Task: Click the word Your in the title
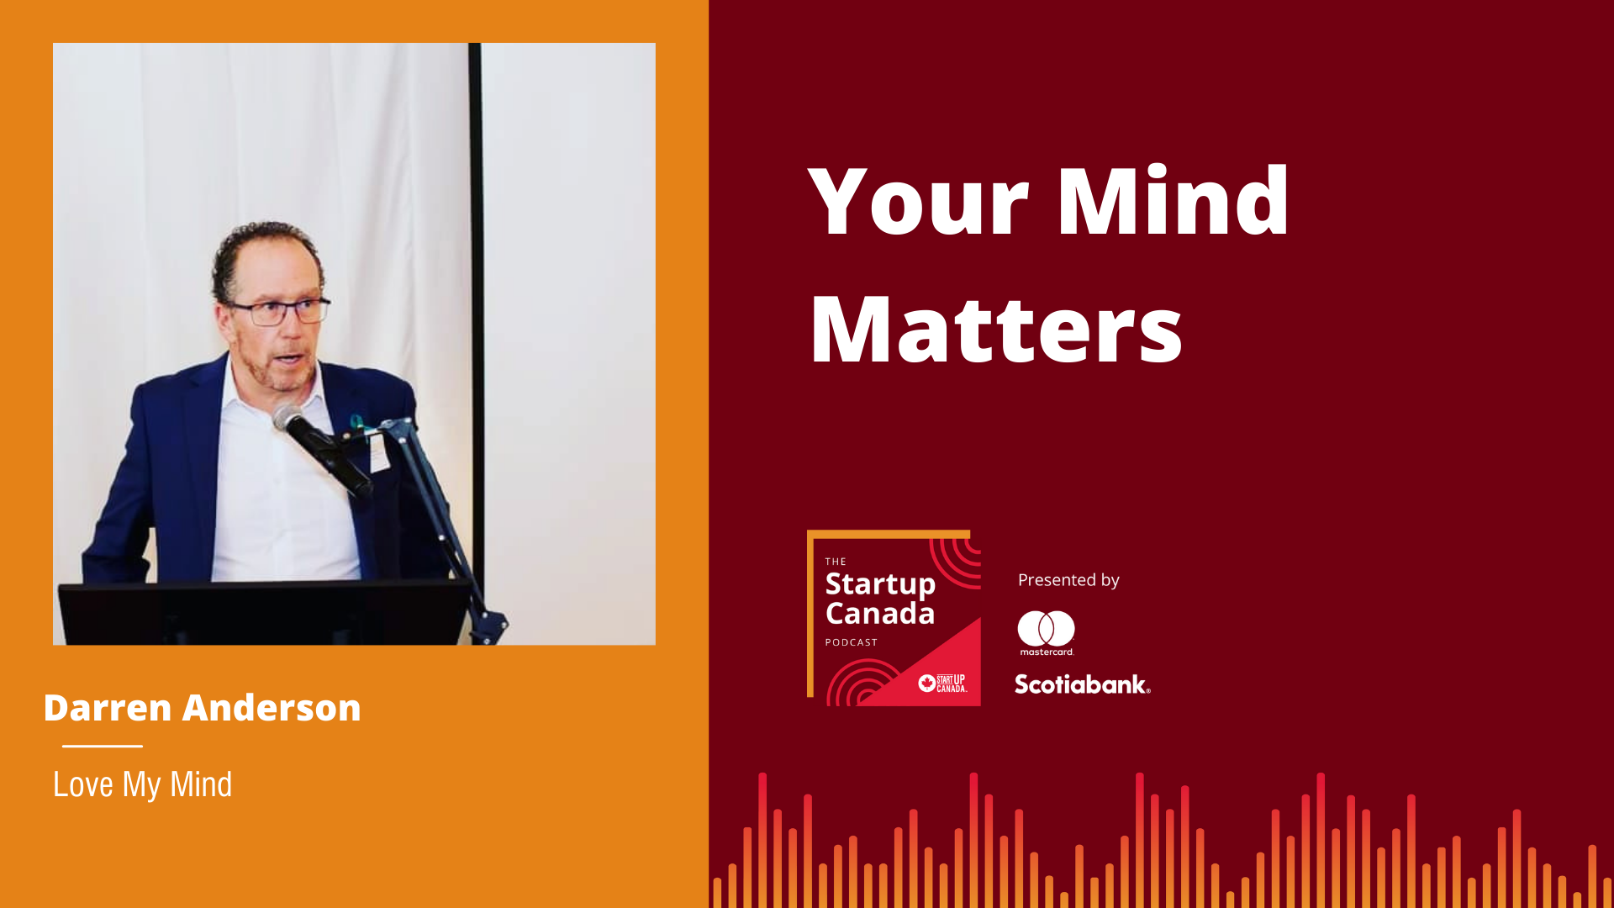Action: (x=918, y=201)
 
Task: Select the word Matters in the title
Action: (x=996, y=330)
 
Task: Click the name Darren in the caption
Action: (x=108, y=708)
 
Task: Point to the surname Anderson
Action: (x=272, y=708)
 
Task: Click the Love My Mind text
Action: (x=142, y=785)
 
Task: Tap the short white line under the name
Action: (x=102, y=746)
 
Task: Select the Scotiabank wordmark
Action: (x=1082, y=684)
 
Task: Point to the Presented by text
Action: (x=1068, y=580)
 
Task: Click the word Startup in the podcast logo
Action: (x=880, y=583)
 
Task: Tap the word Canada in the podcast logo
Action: (x=880, y=614)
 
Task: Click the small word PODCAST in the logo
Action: (x=852, y=642)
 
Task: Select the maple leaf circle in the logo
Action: (x=927, y=683)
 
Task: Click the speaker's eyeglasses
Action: (x=277, y=312)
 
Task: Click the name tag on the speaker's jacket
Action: (x=379, y=450)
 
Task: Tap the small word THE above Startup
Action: (x=836, y=562)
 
